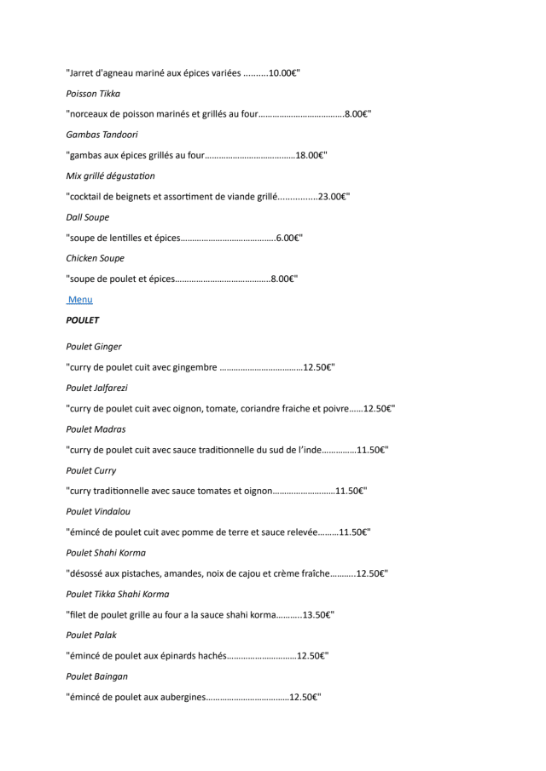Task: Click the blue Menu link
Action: pyautogui.click(x=80, y=300)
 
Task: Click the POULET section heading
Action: pyautogui.click(x=83, y=320)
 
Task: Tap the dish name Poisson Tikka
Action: pyautogui.click(x=93, y=94)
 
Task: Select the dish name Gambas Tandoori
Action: pyautogui.click(x=102, y=135)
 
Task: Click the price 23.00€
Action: pyautogui.click(x=332, y=197)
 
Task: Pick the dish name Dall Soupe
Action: pyautogui.click(x=88, y=217)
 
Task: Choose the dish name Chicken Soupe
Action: pyautogui.click(x=96, y=258)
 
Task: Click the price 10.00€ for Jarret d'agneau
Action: pyautogui.click(x=282, y=73)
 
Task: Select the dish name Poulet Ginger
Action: pyautogui.click(x=94, y=347)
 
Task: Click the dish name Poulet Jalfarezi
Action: pyautogui.click(x=98, y=388)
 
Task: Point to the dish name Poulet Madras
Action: pyautogui.click(x=96, y=429)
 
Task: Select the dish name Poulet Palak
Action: pyautogui.click(x=91, y=636)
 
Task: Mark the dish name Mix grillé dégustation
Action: pyautogui.click(x=111, y=176)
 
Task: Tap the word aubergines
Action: pyautogui.click(x=182, y=698)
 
